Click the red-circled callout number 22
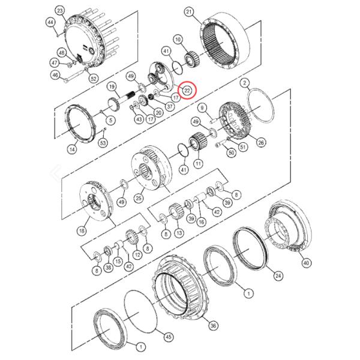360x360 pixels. (x=188, y=90)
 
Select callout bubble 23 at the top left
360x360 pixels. (x=59, y=11)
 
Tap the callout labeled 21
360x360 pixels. (x=189, y=11)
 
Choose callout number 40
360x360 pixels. (x=307, y=262)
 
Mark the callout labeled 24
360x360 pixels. (x=278, y=275)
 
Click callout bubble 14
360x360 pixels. (x=72, y=149)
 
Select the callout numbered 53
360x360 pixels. (x=103, y=142)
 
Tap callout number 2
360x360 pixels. (x=245, y=82)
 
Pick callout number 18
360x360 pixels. (x=82, y=230)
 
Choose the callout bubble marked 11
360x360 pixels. (x=198, y=163)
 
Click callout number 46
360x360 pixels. (x=55, y=75)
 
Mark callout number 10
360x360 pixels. (x=178, y=40)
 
